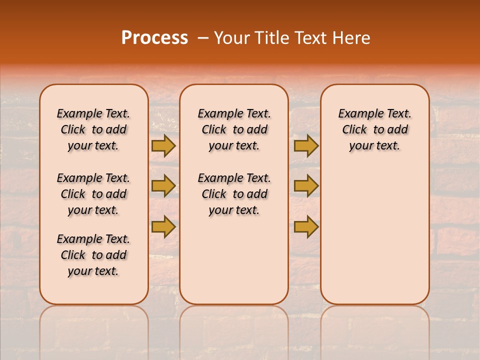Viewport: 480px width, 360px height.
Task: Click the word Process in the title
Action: [x=154, y=37]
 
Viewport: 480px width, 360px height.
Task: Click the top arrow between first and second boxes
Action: [x=163, y=145]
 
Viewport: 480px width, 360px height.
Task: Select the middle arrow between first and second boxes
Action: [x=163, y=186]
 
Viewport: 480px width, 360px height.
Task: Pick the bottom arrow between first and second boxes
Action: [x=163, y=226]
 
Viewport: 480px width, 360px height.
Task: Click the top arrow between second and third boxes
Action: [x=306, y=145]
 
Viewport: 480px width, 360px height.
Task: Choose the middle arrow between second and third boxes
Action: [x=306, y=186]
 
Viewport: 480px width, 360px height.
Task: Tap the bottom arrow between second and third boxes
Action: [x=306, y=226]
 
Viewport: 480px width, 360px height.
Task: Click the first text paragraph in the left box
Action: [x=93, y=129]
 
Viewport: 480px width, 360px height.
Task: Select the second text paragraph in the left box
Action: [x=93, y=194]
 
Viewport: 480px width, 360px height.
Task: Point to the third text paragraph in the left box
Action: [x=93, y=255]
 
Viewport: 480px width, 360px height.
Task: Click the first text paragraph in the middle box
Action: [x=234, y=129]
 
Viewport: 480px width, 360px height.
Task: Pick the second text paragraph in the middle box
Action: [x=234, y=194]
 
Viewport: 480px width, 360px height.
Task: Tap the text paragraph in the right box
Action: [x=375, y=129]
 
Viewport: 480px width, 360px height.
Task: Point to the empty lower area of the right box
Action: [x=375, y=230]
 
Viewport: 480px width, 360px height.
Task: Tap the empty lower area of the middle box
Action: [x=234, y=260]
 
